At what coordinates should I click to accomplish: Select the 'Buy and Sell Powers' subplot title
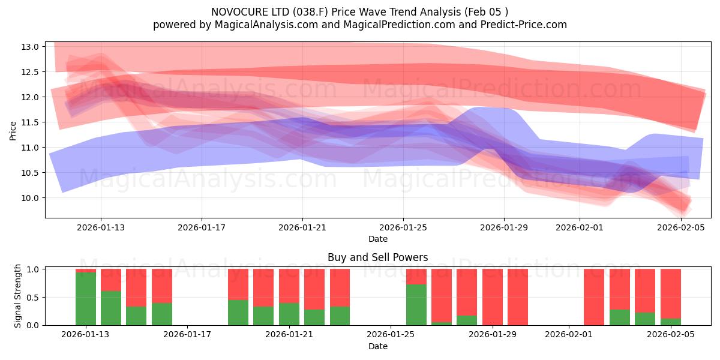[377, 257]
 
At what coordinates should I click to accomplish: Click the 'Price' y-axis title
[13, 130]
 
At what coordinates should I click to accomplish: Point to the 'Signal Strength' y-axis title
[18, 296]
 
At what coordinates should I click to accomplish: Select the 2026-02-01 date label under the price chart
[579, 227]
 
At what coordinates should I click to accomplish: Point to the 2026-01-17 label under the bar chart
[187, 334]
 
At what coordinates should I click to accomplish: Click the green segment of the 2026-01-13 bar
[86, 299]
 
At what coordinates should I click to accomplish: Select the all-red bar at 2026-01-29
[518, 297]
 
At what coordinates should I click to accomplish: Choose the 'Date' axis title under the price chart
[377, 239]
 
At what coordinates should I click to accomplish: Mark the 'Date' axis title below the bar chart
[377, 346]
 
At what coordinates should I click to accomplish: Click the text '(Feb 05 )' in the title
[487, 11]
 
